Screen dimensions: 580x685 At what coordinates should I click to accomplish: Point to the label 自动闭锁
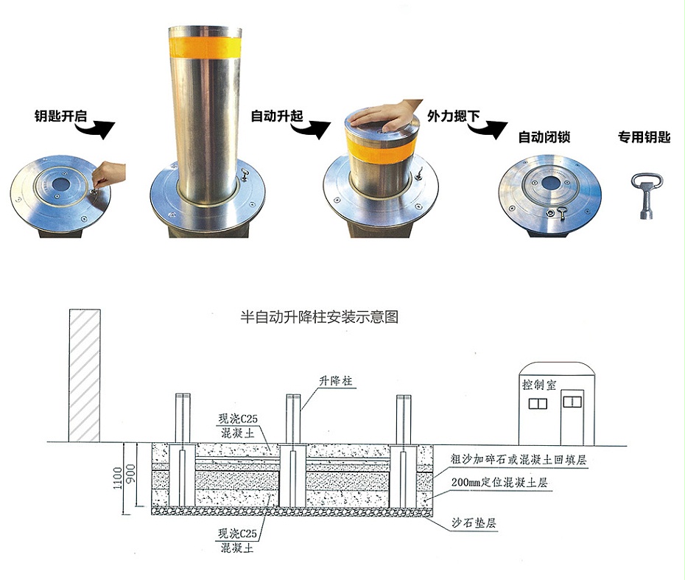point(545,137)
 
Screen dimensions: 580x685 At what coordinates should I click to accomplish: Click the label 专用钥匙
point(644,137)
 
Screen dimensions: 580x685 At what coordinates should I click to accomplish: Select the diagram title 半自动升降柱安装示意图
point(320,318)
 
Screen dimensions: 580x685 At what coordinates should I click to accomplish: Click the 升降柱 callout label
point(337,381)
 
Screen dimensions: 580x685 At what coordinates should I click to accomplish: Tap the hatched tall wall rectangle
point(84,376)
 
